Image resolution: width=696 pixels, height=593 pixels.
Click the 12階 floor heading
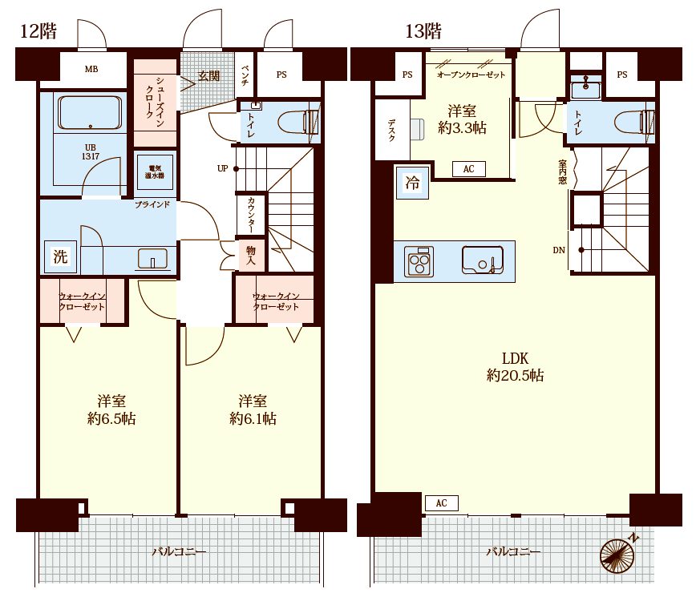coord(38,31)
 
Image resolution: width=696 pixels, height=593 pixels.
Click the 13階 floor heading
coord(423,31)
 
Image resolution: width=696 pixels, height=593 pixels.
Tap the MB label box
coord(91,69)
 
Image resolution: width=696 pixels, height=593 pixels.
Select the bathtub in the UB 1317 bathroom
coord(89,113)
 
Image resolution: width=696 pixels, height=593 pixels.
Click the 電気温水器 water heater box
coord(155,171)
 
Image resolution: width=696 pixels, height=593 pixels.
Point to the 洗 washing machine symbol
coord(60,256)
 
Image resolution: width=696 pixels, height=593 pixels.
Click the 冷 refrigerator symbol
coord(412,182)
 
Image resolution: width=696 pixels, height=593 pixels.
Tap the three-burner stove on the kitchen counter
coord(419,262)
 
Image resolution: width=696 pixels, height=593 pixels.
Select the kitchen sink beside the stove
coord(482,260)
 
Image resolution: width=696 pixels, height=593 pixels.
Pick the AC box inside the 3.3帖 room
coord(469,169)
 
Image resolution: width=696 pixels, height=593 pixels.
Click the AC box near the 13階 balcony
coord(441,503)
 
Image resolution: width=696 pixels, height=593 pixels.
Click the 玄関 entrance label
coord(208,75)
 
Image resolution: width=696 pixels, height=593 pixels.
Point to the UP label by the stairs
coord(222,168)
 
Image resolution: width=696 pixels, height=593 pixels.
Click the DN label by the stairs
coord(559,250)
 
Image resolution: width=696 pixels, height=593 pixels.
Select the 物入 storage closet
coord(251,256)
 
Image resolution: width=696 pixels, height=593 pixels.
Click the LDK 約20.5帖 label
coord(516,367)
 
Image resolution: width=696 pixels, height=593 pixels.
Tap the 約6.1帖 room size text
coord(253,418)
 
